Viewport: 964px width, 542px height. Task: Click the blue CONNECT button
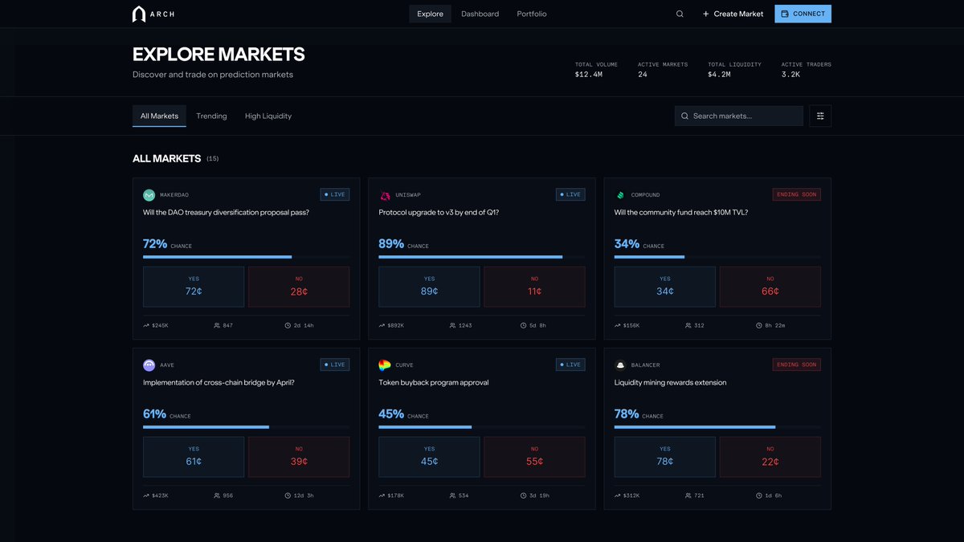tap(803, 14)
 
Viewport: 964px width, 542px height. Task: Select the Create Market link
tap(733, 14)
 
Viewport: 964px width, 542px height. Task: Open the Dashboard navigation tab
tap(480, 14)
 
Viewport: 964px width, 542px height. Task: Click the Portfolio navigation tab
tap(532, 14)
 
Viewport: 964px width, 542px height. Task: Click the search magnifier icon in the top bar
tap(680, 14)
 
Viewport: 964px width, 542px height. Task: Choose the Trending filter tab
tap(211, 116)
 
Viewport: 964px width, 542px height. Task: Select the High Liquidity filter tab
tap(268, 116)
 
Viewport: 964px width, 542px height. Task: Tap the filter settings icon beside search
tap(820, 116)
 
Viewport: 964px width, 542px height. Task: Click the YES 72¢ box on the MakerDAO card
tap(194, 287)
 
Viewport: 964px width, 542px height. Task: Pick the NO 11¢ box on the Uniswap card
tap(534, 287)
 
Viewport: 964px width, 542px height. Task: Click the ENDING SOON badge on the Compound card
tap(796, 194)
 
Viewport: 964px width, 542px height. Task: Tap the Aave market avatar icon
tap(149, 365)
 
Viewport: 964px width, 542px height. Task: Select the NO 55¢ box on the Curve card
tap(534, 456)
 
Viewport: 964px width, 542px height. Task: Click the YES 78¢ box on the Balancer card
tap(664, 456)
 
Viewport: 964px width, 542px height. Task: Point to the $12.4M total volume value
tap(589, 75)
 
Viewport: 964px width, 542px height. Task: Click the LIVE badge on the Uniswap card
tap(570, 194)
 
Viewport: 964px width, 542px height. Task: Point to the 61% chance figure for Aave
tap(154, 414)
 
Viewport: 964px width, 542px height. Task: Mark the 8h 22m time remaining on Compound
tap(774, 325)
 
